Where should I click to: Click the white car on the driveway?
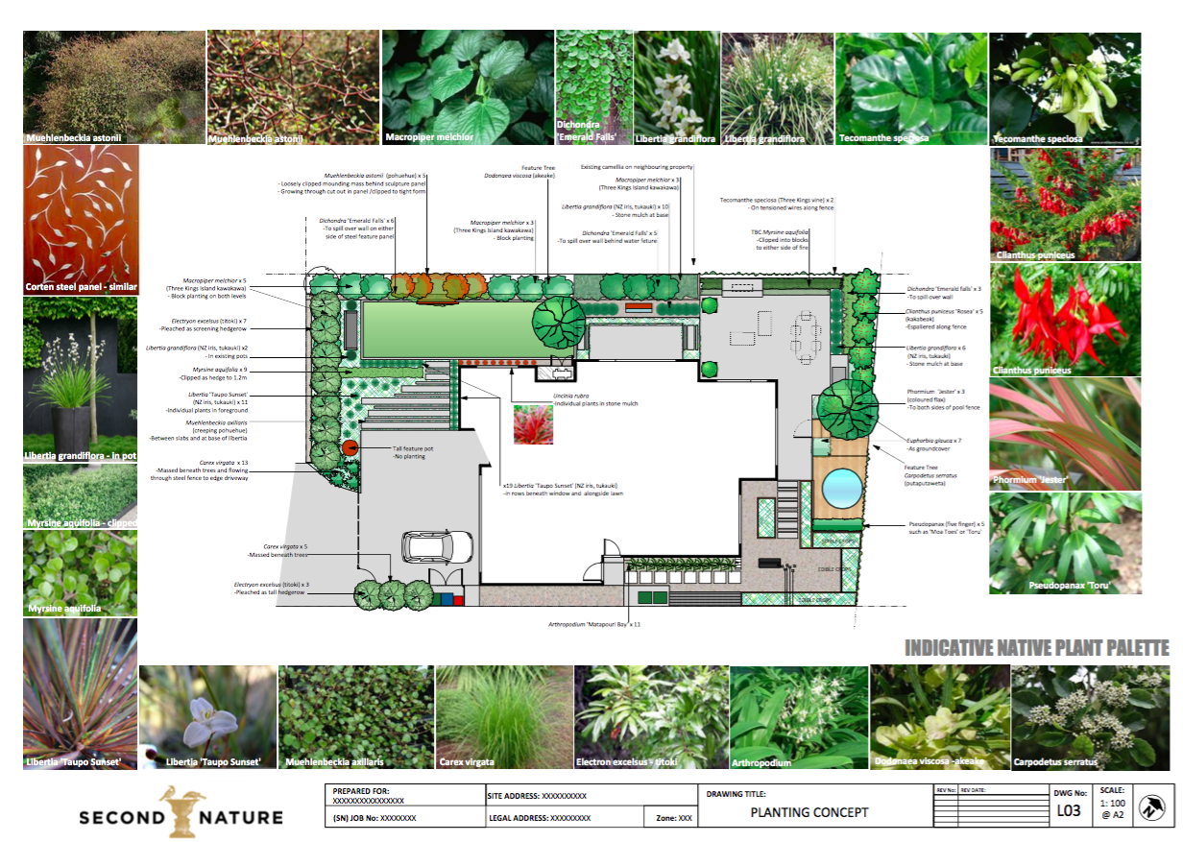pyautogui.click(x=436, y=547)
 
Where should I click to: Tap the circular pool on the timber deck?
pyautogui.click(x=842, y=487)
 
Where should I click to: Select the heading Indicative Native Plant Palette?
pyautogui.click(x=1036, y=649)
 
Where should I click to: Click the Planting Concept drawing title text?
pyautogui.click(x=809, y=812)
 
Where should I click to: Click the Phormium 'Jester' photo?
pyautogui.click(x=1065, y=434)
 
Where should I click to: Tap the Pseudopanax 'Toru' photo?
pyautogui.click(x=1065, y=542)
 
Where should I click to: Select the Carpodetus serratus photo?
pyautogui.click(x=1076, y=716)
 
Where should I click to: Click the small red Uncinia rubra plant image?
pyautogui.click(x=533, y=425)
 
